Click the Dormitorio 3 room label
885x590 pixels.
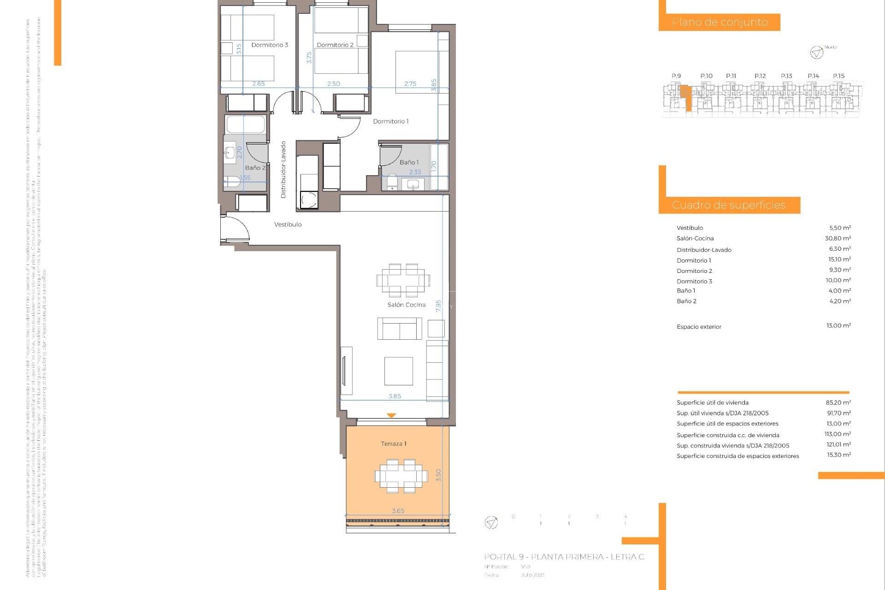(270, 45)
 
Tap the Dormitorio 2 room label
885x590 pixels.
(335, 45)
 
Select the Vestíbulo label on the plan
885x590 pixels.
(288, 224)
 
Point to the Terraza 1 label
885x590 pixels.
(393, 444)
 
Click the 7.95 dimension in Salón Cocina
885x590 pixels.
(438, 306)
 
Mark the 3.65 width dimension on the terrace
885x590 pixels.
(398, 511)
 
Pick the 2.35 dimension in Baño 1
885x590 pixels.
(415, 172)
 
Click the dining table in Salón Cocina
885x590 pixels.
(403, 280)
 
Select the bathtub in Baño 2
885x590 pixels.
(246, 124)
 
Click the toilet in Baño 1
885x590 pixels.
(392, 182)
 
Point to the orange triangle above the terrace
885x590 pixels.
(391, 416)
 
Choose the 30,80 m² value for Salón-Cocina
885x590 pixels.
(838, 238)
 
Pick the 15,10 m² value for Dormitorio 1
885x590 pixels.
(839, 260)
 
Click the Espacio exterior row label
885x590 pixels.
(699, 327)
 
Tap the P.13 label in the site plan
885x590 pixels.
(786, 76)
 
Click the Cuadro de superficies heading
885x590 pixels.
(728, 205)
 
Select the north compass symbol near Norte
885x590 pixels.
(816, 53)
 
